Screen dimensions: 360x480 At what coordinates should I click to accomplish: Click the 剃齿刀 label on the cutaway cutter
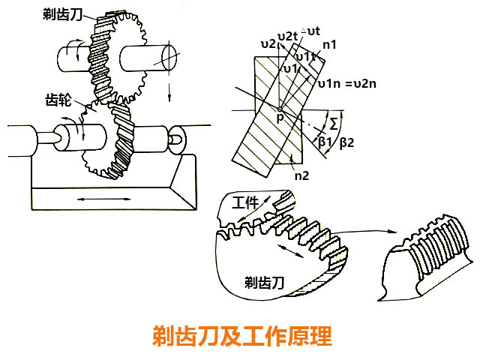click(x=265, y=281)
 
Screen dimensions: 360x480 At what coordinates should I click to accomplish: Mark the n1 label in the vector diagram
click(x=328, y=45)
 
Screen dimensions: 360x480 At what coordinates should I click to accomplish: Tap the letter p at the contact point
click(x=280, y=119)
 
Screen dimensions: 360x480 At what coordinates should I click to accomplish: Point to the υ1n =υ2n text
click(x=346, y=83)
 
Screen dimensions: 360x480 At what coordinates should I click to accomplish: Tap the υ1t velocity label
click(x=304, y=56)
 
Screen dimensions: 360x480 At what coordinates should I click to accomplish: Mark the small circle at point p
click(x=279, y=109)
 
